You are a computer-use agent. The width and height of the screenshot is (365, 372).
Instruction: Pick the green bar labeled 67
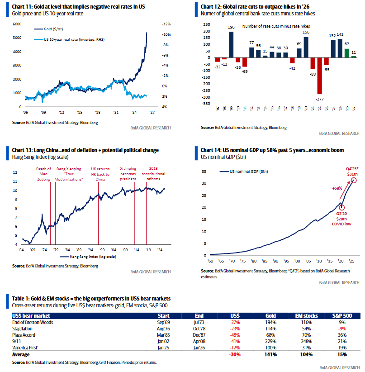pos(346,53)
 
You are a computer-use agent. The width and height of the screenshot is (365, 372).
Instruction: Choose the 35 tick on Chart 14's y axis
pos(204,172)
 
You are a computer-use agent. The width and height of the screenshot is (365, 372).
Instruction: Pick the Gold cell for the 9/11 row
pos(271,342)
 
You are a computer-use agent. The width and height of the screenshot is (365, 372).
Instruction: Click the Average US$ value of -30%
pos(234,355)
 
